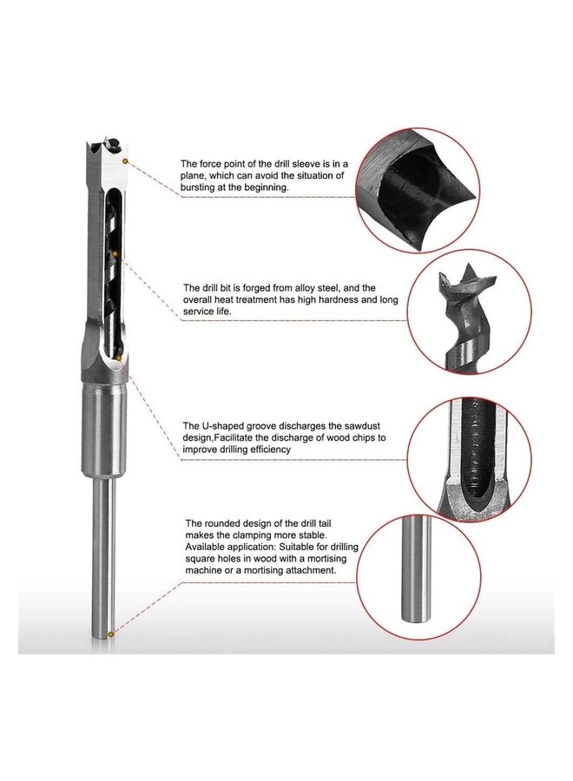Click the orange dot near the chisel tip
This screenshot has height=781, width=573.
(x=126, y=161)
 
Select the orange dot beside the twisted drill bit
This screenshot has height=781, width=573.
(x=116, y=253)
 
